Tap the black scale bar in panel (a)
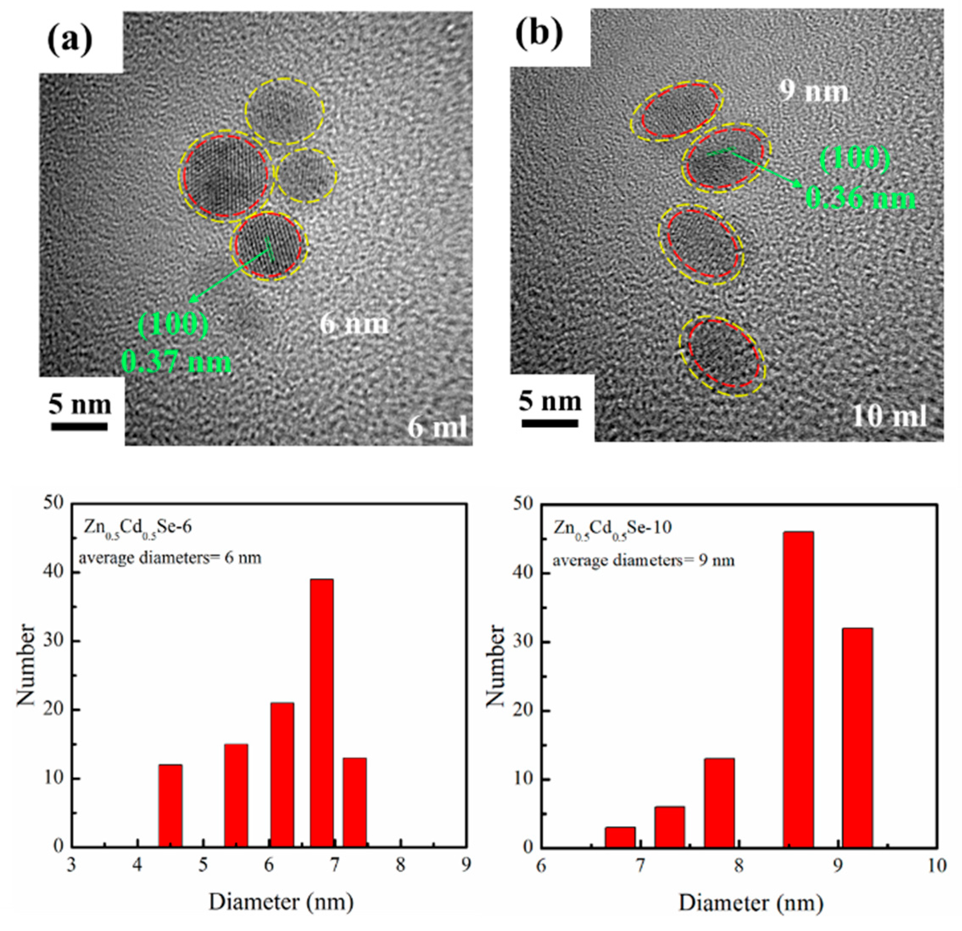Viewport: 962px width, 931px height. tap(80, 427)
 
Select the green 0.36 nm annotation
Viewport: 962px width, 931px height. tap(860, 199)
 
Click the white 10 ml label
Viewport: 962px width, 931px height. tap(890, 417)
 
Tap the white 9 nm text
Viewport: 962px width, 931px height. tap(814, 92)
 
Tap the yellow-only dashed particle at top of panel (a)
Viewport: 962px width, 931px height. tap(284, 112)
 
